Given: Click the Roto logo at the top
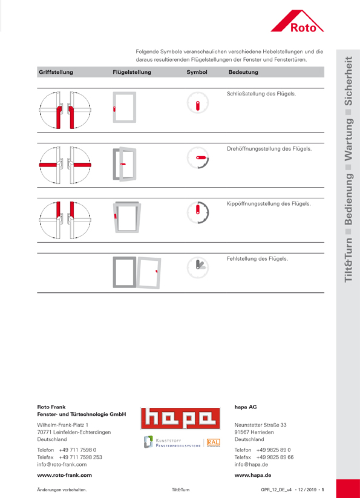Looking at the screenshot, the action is point(298,21).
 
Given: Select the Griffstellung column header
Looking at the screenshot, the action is point(56,72).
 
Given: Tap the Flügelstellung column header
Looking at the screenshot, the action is point(132,72).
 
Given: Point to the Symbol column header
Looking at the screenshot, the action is point(197,72).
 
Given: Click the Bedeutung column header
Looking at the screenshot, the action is point(243,72).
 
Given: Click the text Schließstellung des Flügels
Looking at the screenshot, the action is point(261,94).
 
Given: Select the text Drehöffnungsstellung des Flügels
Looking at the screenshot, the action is point(269,149).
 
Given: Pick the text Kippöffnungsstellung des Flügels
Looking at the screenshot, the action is point(269,203).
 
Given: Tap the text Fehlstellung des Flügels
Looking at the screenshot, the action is point(257,258).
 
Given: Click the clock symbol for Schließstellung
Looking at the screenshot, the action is point(197,103).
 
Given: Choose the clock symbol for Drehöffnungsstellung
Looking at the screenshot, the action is point(197,158).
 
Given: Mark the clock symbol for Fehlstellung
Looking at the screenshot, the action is point(197,267).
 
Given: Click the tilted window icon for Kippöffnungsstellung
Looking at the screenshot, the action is point(127,217).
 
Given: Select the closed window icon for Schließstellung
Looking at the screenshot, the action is point(125,107).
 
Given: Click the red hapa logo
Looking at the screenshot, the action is point(180,419).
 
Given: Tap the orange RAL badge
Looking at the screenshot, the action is point(214,442).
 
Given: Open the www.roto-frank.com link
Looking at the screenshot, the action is point(65,475).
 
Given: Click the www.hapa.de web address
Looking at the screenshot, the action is point(253,475).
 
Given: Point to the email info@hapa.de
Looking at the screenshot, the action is point(251,464).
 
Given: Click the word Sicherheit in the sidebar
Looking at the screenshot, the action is point(349,81).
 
